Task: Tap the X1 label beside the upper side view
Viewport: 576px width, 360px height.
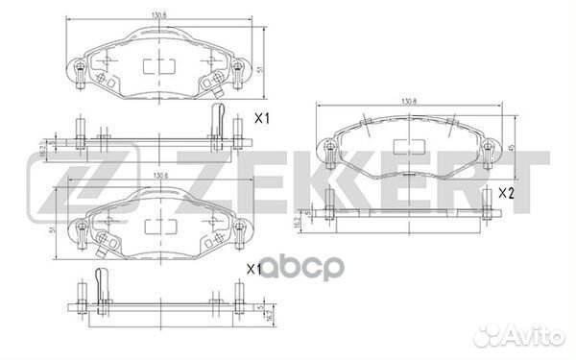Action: (x=260, y=119)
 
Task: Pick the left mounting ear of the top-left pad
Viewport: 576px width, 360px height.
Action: (x=80, y=69)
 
